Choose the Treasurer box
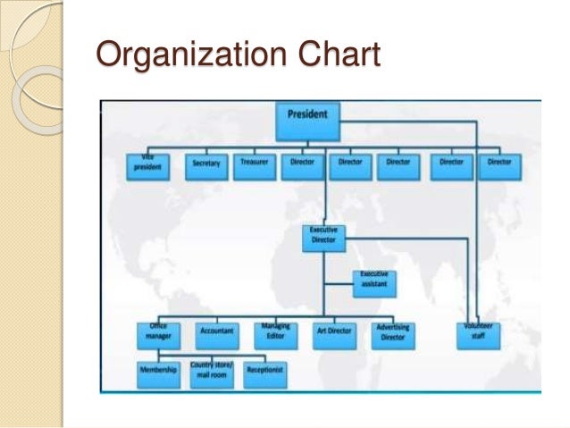(x=255, y=165)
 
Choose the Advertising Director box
(x=393, y=333)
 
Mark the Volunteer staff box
(x=480, y=333)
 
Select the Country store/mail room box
(x=212, y=373)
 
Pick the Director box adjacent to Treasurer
(x=303, y=165)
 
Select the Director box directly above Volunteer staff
(x=499, y=165)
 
